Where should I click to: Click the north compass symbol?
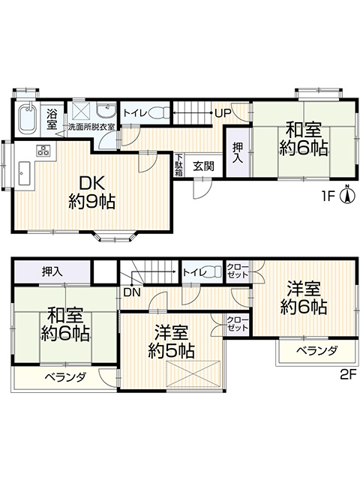pos(347,195)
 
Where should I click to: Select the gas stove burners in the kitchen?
pos(43,150)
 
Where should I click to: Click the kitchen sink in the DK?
pos(25,173)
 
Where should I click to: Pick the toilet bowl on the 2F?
pos(213,271)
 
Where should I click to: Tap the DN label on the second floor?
pos(132,292)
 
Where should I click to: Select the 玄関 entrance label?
pos(203,166)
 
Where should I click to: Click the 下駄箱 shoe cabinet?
pos(178,165)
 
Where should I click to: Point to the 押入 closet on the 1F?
pos(238,152)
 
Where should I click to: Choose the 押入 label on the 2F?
pos(52,271)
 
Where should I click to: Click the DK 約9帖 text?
pos(91,193)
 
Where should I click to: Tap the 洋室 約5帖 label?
pos(171,342)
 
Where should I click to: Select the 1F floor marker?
pos(328,196)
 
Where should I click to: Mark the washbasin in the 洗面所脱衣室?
pos(106,110)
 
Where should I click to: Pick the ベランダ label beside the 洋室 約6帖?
pos(317,350)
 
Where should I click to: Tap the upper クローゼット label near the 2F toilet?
pos(238,271)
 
